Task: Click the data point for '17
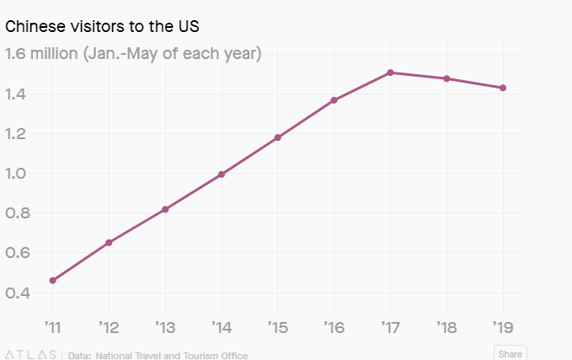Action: pos(390,73)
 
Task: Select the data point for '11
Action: pos(53,280)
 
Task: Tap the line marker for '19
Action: pos(503,88)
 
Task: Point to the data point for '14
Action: pos(222,175)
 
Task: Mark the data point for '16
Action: pos(334,100)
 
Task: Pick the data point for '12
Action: pos(109,243)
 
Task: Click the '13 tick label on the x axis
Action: pos(165,325)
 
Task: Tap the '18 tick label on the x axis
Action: pos(446,325)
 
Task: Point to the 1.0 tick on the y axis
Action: pos(19,174)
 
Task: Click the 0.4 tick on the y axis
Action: pos(19,293)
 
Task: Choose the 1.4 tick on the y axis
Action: pos(19,94)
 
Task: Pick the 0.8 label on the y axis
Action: pos(19,213)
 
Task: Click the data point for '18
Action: pos(446,78)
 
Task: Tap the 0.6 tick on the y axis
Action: pos(19,253)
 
